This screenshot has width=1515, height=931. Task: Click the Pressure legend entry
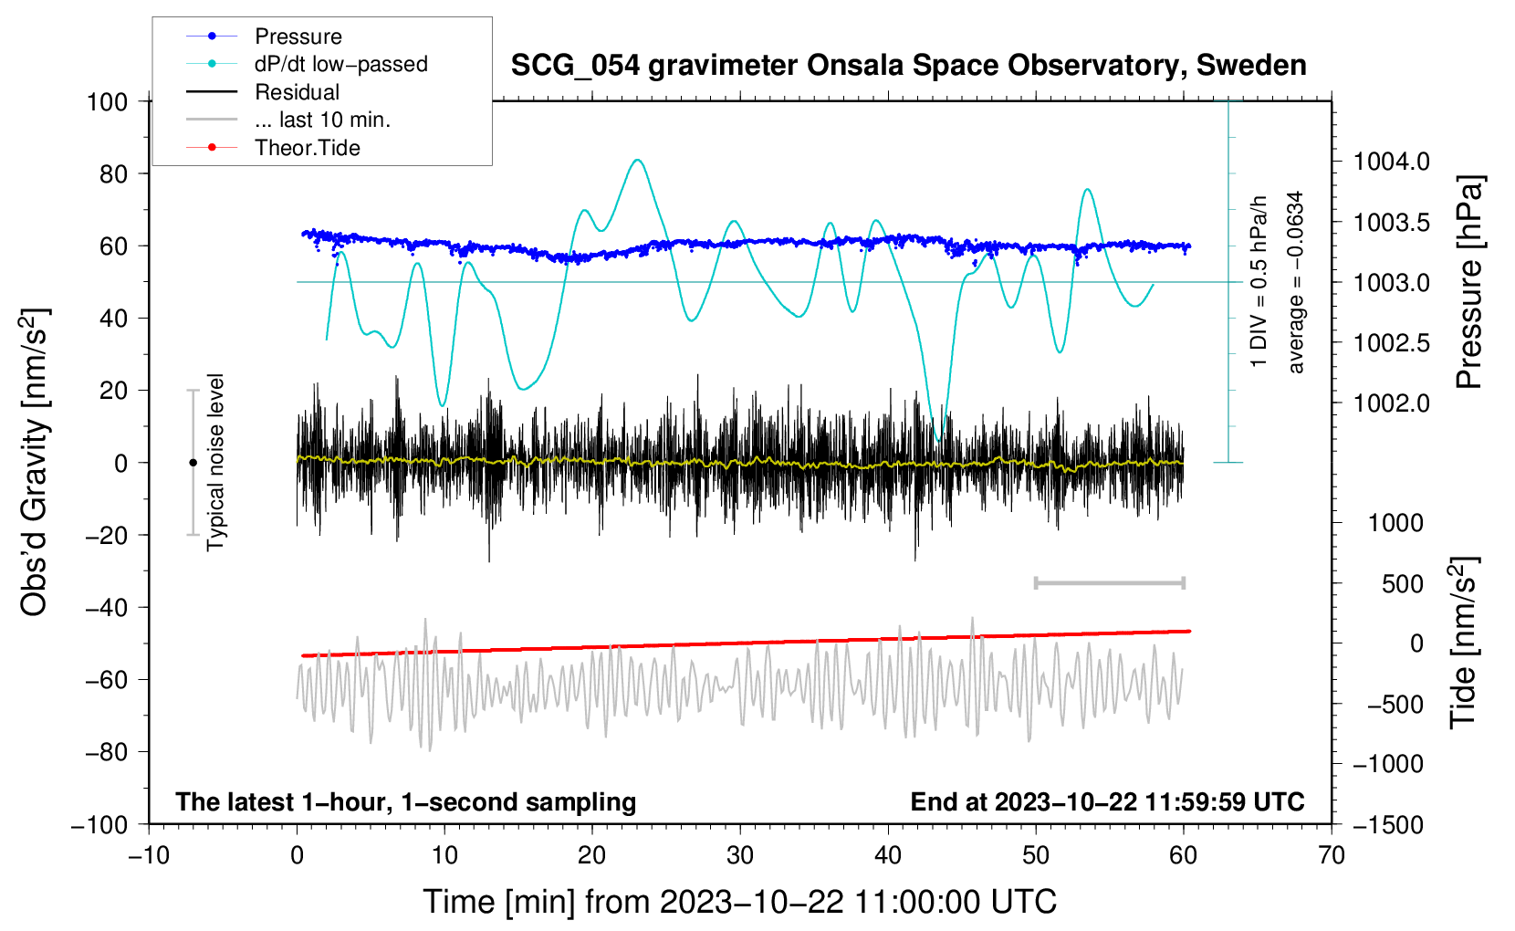tap(298, 37)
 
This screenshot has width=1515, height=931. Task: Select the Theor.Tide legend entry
tap(307, 148)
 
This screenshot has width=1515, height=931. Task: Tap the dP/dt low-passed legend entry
tap(340, 64)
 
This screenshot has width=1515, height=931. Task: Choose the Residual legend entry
tap(297, 92)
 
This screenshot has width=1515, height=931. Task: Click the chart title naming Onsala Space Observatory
tap(908, 66)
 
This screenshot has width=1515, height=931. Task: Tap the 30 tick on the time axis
tap(740, 855)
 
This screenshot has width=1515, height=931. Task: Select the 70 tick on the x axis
tap(1332, 855)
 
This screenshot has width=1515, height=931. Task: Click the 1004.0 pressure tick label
tap(1391, 162)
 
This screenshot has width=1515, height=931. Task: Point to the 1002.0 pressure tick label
tap(1391, 403)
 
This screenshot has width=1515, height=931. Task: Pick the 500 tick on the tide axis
tap(1403, 584)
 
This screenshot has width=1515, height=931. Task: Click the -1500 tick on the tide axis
tap(1387, 825)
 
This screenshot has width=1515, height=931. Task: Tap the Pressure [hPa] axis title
tap(1468, 282)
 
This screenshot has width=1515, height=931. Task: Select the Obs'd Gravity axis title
tap(35, 462)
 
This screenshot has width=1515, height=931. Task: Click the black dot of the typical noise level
tap(193, 463)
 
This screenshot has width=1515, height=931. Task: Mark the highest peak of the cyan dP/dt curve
tap(637, 160)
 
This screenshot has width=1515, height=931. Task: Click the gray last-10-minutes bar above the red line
tap(1109, 583)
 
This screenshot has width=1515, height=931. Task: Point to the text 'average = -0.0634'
tap(1296, 282)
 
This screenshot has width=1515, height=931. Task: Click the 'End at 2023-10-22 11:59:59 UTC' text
tap(1107, 802)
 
